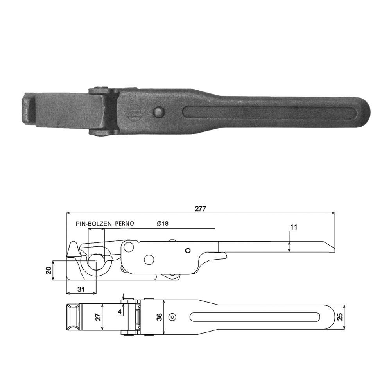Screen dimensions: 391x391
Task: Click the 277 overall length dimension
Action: coord(201,209)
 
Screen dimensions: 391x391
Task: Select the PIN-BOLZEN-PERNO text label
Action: coord(105,224)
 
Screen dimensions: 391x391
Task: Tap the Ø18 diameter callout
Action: coord(163,223)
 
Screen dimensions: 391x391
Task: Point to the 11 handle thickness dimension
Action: coord(294,227)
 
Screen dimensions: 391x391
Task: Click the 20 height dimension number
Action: coord(48,270)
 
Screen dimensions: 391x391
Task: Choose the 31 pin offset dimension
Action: coord(81,289)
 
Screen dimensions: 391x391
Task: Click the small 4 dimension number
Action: coord(120,312)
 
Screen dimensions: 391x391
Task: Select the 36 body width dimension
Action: coord(160,317)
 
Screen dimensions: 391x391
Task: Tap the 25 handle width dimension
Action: coord(340,317)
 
